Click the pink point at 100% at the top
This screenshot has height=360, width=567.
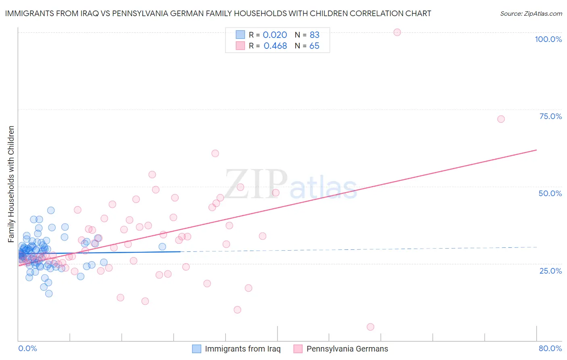pyautogui.click(x=397, y=32)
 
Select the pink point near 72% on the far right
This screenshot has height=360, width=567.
pyautogui.click(x=501, y=119)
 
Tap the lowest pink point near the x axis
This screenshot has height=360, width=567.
pyautogui.click(x=371, y=327)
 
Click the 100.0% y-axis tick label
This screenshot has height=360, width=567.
pyautogui.click(x=548, y=39)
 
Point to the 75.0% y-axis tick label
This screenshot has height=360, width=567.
pyautogui.click(x=550, y=116)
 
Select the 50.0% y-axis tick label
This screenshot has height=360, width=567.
pyautogui.click(x=550, y=193)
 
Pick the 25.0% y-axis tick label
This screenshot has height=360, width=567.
pyautogui.click(x=550, y=270)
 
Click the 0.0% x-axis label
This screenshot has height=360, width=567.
pyautogui.click(x=27, y=348)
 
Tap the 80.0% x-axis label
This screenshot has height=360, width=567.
pyautogui.click(x=550, y=348)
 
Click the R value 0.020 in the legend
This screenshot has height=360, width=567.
pyautogui.click(x=275, y=35)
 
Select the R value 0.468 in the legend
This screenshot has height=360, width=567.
pyautogui.click(x=275, y=46)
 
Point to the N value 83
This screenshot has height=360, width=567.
pyautogui.click(x=315, y=35)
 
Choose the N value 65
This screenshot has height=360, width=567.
pyautogui.click(x=314, y=46)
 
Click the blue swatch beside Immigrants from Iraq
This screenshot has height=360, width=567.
pyautogui.click(x=196, y=349)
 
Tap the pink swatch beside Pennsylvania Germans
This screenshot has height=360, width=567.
pyautogui.click(x=298, y=349)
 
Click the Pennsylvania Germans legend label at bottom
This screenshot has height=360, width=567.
pyautogui.click(x=347, y=349)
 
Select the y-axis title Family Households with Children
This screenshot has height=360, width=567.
pyautogui.click(x=11, y=184)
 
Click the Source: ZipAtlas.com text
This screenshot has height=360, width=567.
pyautogui.click(x=531, y=14)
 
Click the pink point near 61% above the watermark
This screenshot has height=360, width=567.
pyautogui.click(x=215, y=153)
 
